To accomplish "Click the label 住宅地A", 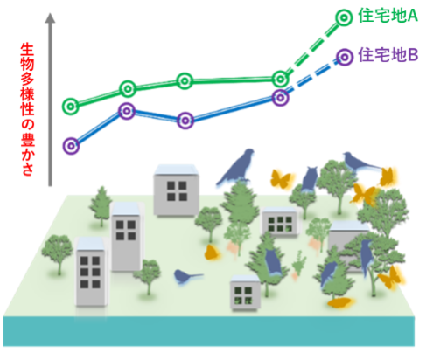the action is pyautogui.click(x=388, y=16).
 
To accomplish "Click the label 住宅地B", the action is pyautogui.click(x=388, y=55).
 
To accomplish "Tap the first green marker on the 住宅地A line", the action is pyautogui.click(x=71, y=107).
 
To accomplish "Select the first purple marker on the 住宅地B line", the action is pyautogui.click(x=71, y=146).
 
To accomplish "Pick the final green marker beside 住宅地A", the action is pyautogui.click(x=344, y=17).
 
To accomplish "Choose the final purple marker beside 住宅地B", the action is pyautogui.click(x=345, y=57).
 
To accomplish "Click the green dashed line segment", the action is pyautogui.click(x=312, y=48).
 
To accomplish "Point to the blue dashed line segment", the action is pyautogui.click(x=312, y=77).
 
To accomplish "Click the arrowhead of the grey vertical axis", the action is pyautogui.click(x=50, y=18).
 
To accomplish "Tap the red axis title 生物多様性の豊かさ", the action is pyautogui.click(x=28, y=110).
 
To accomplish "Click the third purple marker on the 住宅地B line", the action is pyautogui.click(x=185, y=121).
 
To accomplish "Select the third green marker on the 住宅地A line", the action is pyautogui.click(x=185, y=81).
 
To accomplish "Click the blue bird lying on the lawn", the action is pyautogui.click(x=186, y=276).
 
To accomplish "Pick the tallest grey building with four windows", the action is pyautogui.click(x=127, y=237).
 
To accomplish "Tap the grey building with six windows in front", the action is pyautogui.click(x=91, y=272).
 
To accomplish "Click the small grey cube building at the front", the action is pyautogui.click(x=245, y=293).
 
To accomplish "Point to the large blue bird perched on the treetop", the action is pyautogui.click(x=236, y=168).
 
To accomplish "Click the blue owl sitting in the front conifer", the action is pyautogui.click(x=273, y=261).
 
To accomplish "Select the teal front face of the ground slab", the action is pyautogui.click(x=209, y=331).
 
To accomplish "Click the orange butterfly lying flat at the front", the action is pyautogui.click(x=340, y=303).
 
